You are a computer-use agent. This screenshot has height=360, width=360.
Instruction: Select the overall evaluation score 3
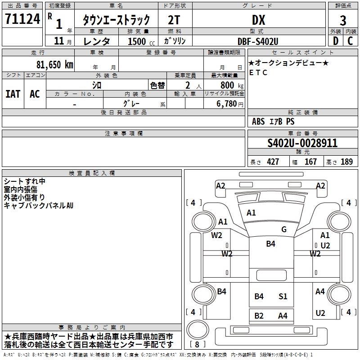343,20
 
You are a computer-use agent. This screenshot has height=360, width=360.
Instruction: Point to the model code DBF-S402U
258,41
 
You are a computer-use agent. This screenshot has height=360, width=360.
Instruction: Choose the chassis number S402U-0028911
302,144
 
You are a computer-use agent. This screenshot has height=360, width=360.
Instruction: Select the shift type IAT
13,94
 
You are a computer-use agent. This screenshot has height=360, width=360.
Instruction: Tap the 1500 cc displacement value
137,41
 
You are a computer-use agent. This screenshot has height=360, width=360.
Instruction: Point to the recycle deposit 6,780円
229,104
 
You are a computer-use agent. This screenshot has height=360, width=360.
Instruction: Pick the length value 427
273,162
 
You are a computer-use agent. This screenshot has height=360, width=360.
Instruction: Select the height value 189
346,162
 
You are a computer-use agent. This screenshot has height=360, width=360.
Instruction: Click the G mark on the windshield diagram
284,229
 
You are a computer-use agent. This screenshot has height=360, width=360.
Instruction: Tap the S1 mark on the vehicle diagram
283,296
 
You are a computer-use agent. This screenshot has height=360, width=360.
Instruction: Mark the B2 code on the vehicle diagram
259,315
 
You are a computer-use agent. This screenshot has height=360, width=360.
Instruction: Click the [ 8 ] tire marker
198,344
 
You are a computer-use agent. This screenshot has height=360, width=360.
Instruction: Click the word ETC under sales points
258,72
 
